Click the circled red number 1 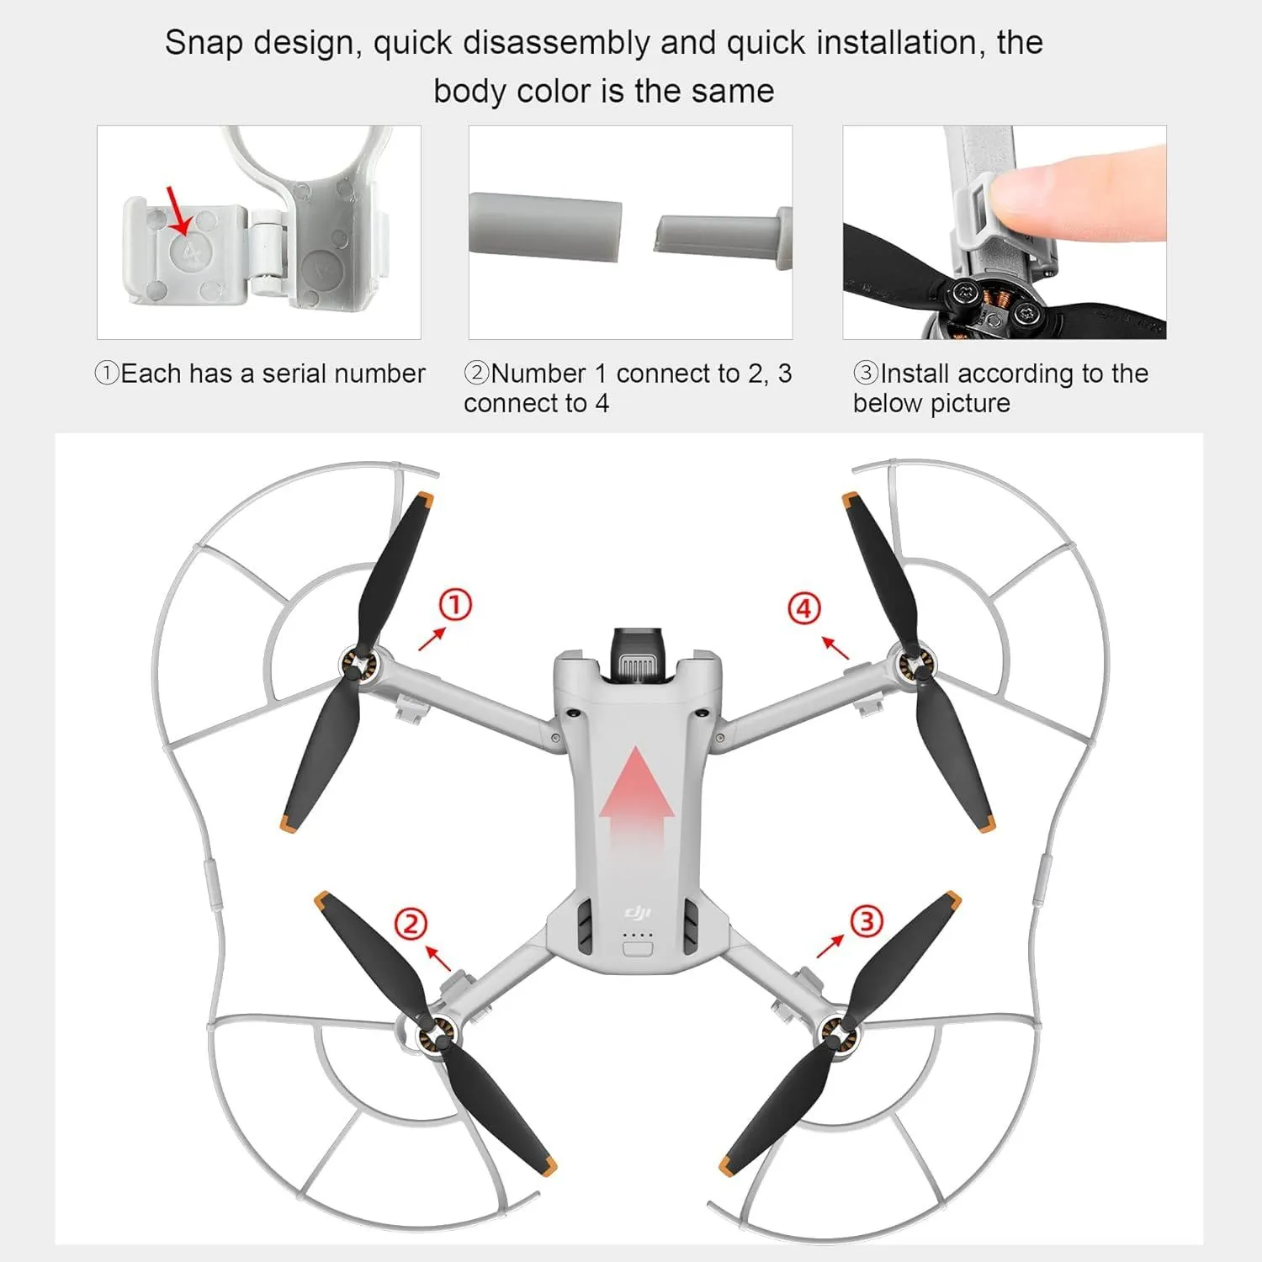coord(455,605)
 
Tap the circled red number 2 coord(411,925)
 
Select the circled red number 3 coord(867,921)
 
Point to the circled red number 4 coord(804,608)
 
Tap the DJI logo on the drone coord(637,914)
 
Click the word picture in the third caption coord(968,404)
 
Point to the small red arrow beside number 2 coord(437,958)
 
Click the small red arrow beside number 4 coord(835,648)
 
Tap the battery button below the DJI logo coord(638,950)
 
